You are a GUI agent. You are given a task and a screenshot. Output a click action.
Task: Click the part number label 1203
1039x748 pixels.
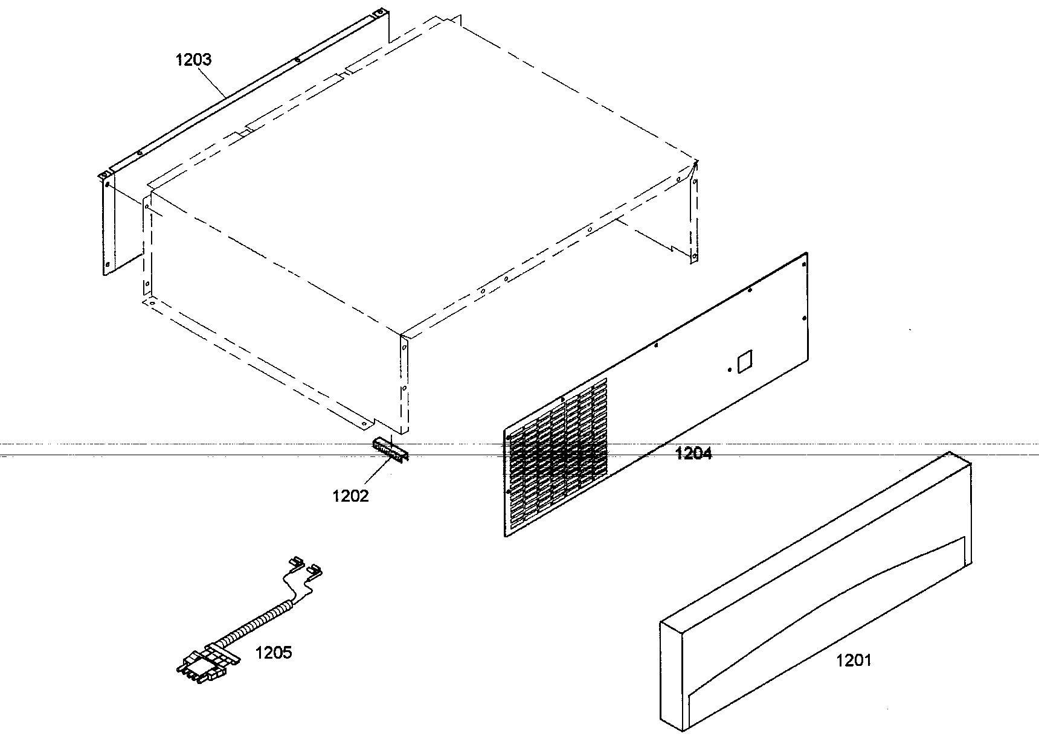click(193, 60)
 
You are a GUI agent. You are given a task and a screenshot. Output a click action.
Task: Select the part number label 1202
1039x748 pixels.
click(350, 496)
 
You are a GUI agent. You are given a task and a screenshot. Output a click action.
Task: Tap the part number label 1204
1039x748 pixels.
click(693, 453)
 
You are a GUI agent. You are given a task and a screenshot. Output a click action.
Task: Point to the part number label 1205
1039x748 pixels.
click(274, 652)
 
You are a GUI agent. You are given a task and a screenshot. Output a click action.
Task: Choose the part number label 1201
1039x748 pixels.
click(854, 660)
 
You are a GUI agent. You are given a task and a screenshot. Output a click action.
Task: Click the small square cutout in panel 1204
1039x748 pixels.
click(744, 360)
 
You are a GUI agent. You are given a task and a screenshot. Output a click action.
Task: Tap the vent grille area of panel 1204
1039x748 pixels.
click(556, 459)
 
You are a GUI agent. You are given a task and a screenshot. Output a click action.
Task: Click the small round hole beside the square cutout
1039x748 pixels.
click(730, 369)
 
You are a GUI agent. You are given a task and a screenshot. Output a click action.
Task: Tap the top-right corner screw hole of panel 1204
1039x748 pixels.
click(803, 263)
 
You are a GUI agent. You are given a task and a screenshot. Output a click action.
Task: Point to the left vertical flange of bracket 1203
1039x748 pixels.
click(107, 223)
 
